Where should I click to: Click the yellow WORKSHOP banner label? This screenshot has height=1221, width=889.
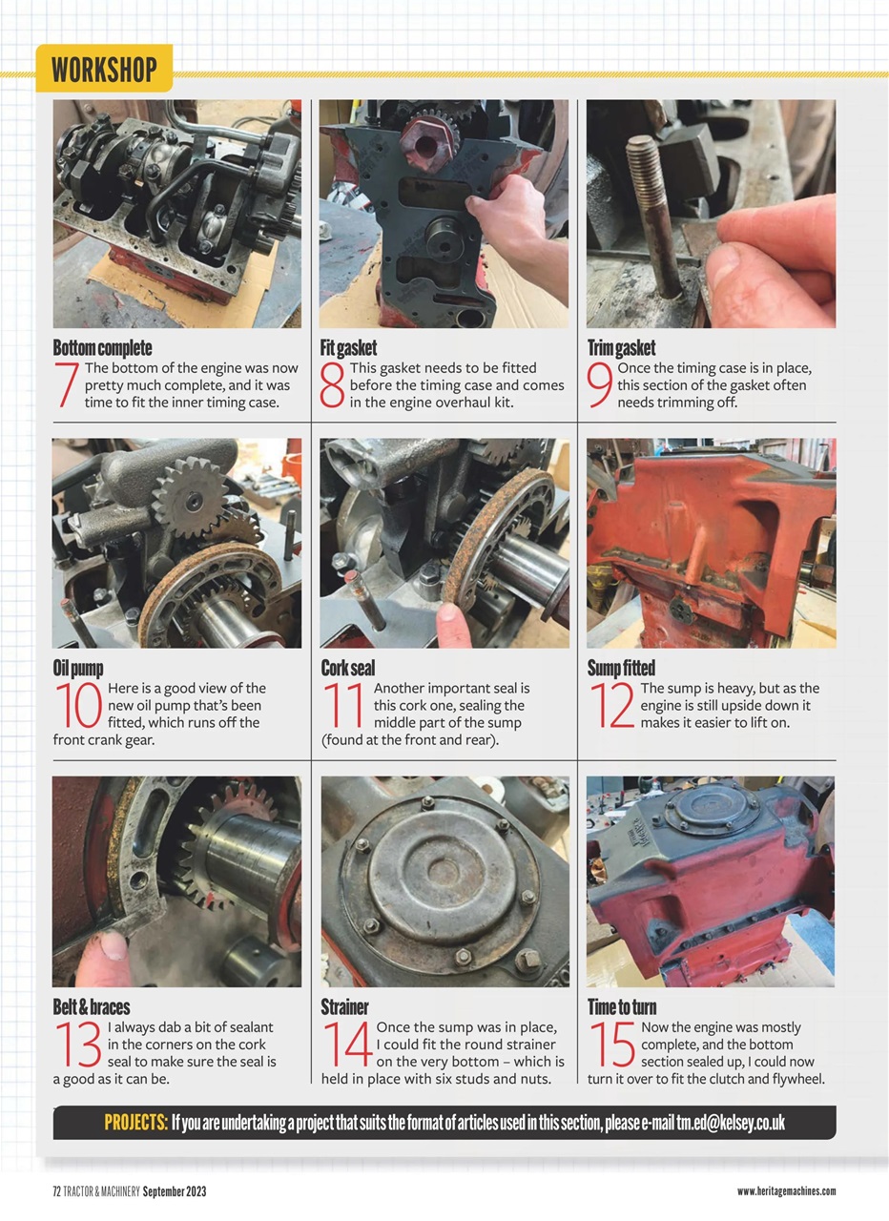104,70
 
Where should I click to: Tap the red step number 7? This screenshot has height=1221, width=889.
68,385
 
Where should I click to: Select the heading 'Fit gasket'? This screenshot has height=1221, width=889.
348,348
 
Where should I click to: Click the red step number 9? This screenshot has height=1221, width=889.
600,385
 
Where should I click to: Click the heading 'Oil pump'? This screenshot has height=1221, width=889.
78,668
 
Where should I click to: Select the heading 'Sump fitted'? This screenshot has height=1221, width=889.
621,668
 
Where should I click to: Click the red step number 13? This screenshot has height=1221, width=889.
78,1045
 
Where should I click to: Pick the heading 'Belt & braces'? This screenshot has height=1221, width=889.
92,1007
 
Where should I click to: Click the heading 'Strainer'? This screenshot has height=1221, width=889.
344,1007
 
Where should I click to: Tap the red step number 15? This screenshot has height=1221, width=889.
611,1045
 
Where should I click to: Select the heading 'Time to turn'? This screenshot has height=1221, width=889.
622,1007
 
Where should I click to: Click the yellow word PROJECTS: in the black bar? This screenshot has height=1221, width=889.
136,1123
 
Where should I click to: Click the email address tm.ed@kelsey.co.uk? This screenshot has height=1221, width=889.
731,1123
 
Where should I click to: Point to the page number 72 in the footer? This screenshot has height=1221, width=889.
57,1191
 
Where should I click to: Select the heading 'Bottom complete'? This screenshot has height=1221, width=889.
102,348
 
